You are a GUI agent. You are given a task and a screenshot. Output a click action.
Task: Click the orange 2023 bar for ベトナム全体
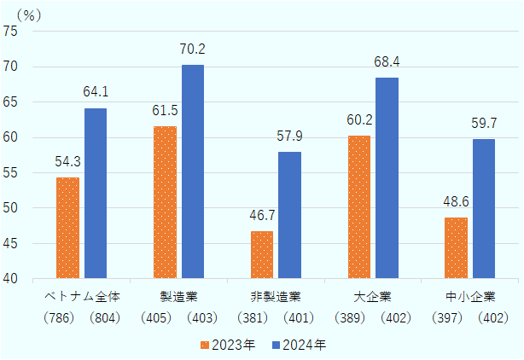click(67, 228)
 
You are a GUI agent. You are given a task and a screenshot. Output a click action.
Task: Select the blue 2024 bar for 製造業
click(193, 171)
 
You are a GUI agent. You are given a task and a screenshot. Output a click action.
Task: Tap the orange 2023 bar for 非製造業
click(262, 254)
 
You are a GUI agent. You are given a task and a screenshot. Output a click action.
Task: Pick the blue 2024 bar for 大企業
click(387, 177)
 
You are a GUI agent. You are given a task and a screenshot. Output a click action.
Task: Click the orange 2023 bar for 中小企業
click(456, 247)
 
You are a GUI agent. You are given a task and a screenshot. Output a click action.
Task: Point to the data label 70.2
click(193, 50)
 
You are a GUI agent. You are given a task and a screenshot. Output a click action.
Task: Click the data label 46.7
click(262, 217)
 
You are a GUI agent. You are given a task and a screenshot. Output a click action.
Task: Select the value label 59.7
click(484, 125)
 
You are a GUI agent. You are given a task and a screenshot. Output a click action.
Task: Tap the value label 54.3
click(67, 163)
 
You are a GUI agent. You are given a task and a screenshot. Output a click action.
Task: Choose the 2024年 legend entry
click(299, 345)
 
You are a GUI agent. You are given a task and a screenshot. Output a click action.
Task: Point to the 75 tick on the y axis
click(19, 32)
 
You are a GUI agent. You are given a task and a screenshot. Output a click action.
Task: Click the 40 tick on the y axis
click(19, 279)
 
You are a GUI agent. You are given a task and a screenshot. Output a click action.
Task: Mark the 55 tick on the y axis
click(19, 173)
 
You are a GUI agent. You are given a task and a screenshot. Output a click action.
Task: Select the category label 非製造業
click(276, 298)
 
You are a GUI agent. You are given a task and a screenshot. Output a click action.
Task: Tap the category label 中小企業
click(469, 298)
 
